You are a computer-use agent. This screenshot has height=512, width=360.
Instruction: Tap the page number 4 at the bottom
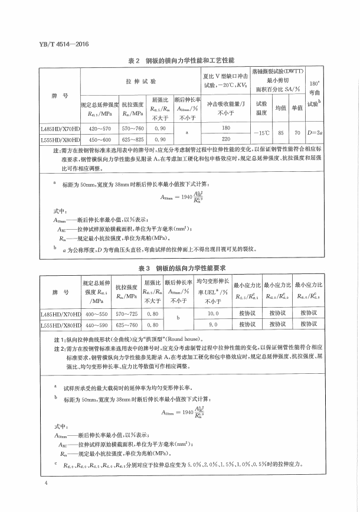click(x=45, y=484)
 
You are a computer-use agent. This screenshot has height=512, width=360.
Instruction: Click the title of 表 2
click(x=181, y=61)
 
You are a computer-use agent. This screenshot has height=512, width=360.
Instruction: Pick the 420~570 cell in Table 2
click(x=100, y=128)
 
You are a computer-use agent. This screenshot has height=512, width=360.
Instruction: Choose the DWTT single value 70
click(x=297, y=133)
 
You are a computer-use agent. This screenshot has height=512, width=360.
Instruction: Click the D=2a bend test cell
click(x=315, y=133)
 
